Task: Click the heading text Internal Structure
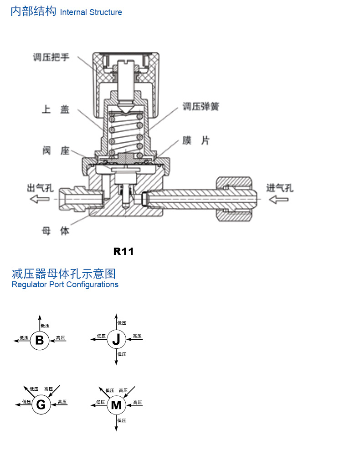91,12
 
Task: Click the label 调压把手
51,57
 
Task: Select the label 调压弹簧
201,106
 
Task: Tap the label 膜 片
196,140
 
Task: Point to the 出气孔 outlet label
40,188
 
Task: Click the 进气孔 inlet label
280,188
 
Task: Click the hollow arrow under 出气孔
40,199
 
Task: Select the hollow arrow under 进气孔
278,200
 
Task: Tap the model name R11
123,251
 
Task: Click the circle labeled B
40,340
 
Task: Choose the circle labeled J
116,339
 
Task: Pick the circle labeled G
41,404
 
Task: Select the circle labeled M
116,405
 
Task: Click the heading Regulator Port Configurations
65,285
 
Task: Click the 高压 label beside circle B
61,337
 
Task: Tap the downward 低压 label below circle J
122,354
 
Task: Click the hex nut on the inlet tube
234,199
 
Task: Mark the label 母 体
55,231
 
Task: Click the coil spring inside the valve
125,134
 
